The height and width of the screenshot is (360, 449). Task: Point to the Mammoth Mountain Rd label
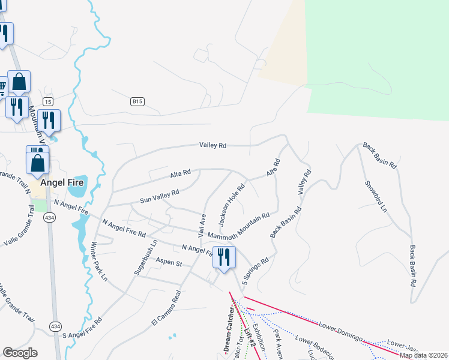240,225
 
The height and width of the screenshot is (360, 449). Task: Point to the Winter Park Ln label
98,262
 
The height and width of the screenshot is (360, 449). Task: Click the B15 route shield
137,102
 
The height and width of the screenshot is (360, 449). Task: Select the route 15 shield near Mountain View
48,101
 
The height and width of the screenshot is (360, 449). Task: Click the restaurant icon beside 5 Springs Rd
224,258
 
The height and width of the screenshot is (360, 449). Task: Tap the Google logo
20,353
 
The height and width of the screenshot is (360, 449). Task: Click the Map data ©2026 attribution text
423,355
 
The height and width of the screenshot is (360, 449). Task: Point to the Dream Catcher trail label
229,329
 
